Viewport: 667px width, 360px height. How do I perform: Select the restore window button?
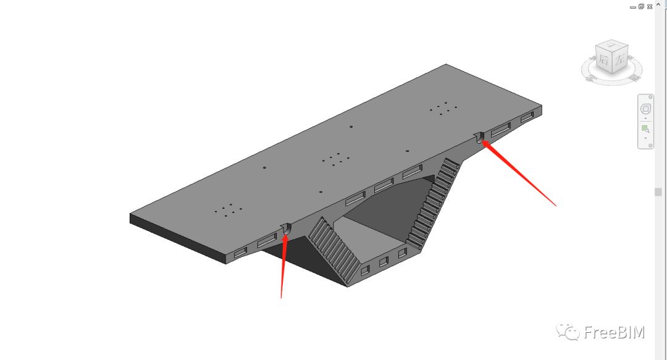click(641, 6)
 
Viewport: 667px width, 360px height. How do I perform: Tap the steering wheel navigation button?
click(645, 109)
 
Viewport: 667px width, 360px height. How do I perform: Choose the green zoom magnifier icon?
click(645, 129)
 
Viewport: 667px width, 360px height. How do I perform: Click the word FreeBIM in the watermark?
click(614, 332)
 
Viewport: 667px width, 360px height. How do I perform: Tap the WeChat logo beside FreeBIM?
click(568, 332)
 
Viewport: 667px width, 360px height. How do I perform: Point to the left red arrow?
click(283, 266)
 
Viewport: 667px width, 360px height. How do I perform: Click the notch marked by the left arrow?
click(285, 229)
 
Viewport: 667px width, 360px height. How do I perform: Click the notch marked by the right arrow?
click(479, 137)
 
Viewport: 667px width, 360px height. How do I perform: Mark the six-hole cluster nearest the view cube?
click(443, 108)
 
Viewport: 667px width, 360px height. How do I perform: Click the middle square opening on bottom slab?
click(384, 262)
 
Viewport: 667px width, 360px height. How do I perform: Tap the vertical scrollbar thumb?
click(658, 192)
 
